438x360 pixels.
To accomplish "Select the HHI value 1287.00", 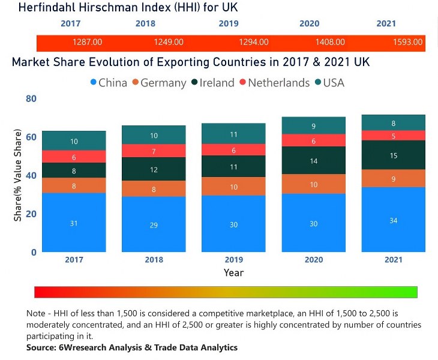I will point(87,43).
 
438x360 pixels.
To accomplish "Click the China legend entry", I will point(108,83).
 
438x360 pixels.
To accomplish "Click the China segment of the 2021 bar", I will point(393,220).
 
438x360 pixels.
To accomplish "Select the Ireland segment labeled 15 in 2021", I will point(393,155).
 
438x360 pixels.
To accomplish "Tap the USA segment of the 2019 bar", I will point(233,134).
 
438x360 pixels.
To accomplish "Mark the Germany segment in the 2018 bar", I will point(153,189).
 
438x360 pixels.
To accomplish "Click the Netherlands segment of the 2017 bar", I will point(74,157).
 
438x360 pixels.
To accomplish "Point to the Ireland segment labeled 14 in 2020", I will point(314,161).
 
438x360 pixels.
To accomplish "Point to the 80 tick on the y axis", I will point(31,98).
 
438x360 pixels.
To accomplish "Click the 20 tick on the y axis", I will point(31,214).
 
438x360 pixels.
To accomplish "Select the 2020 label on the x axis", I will point(313,260).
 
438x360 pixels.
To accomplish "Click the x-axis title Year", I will point(233,272).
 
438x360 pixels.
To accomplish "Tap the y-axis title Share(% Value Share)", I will point(18,175).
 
